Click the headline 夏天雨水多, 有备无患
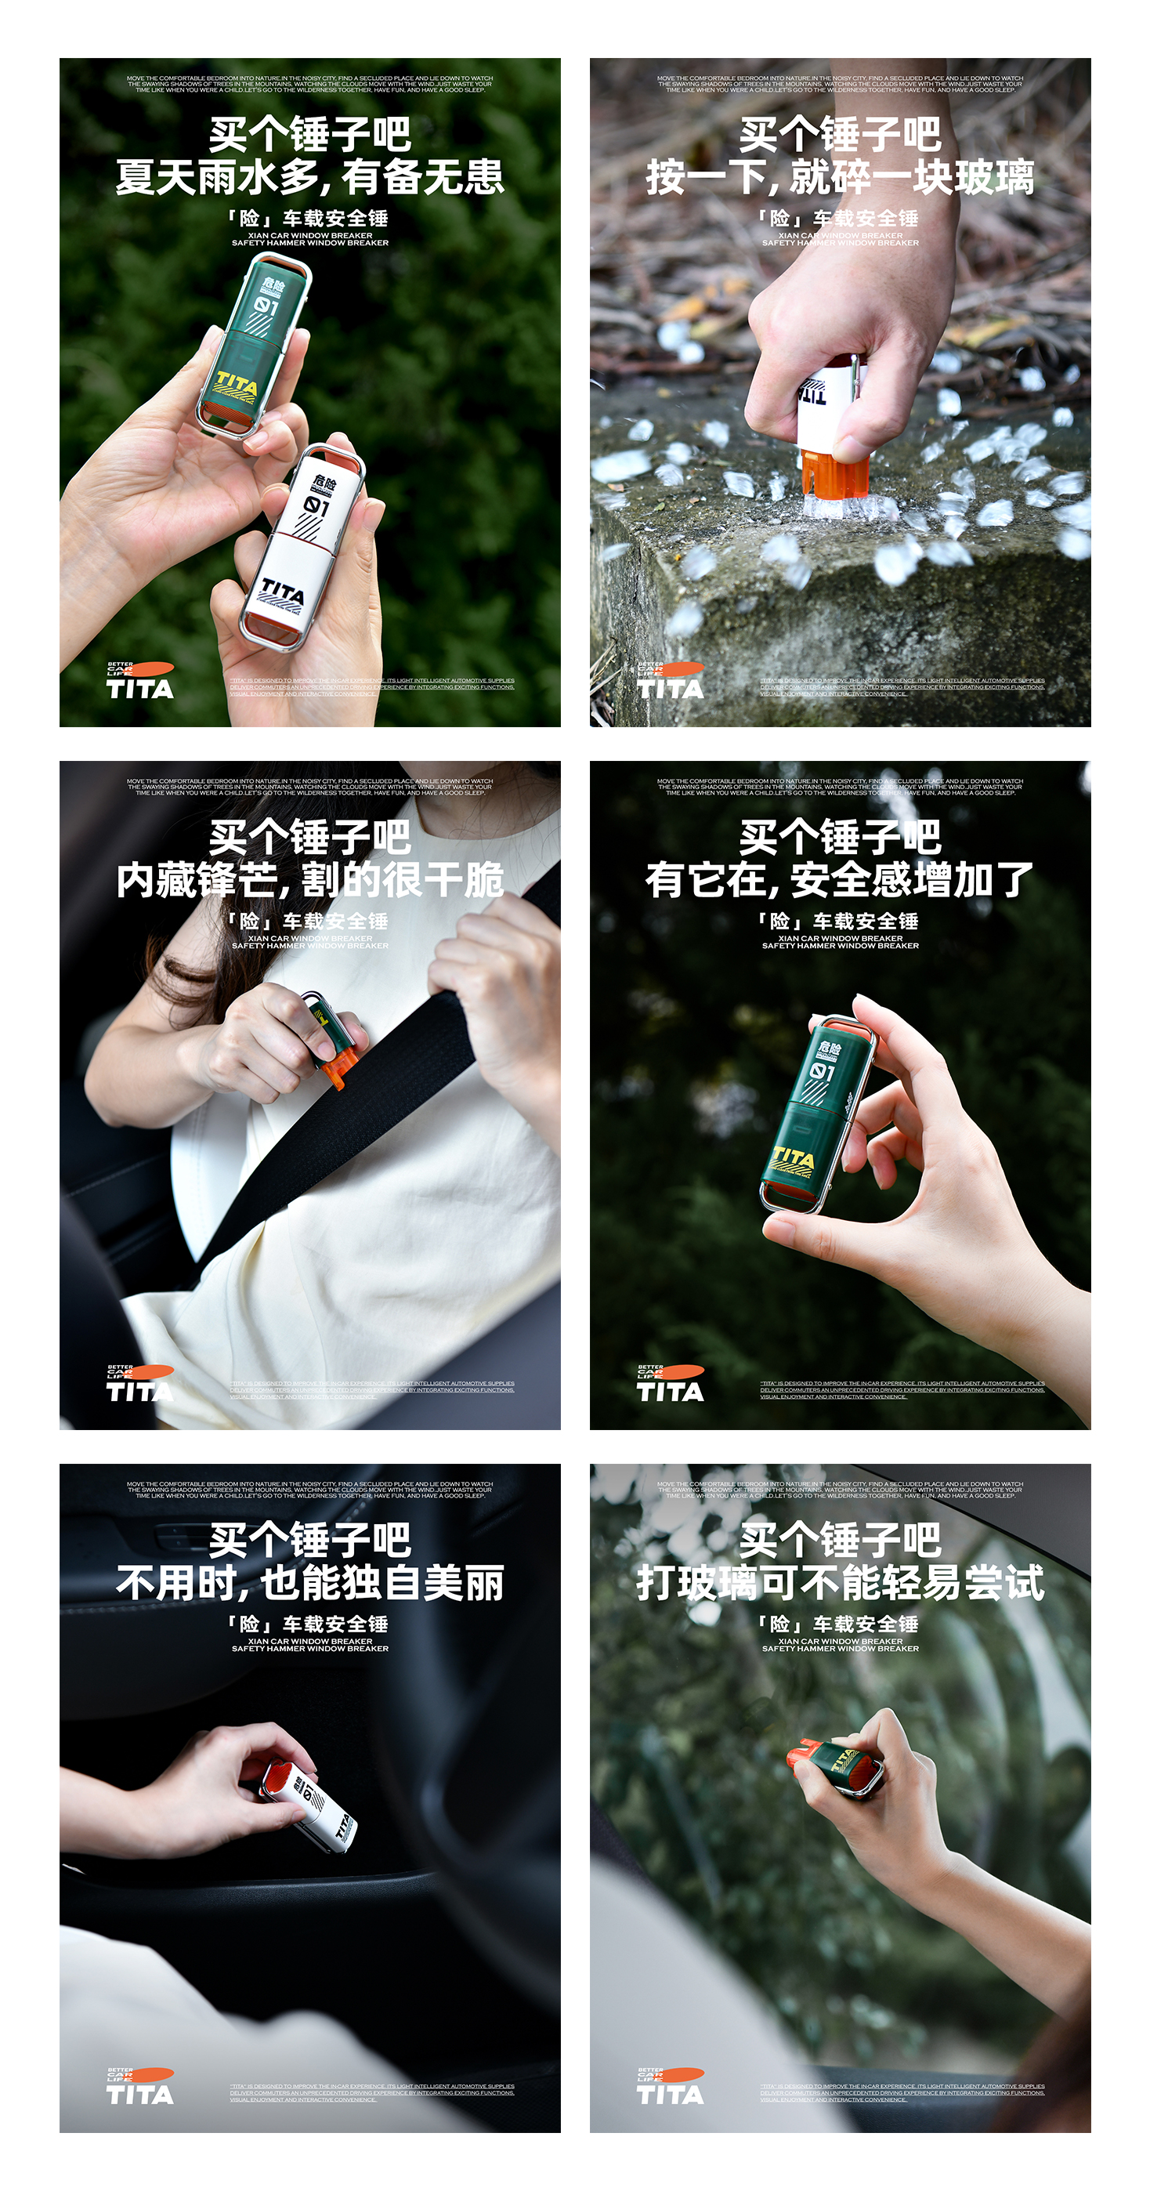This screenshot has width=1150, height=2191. (x=309, y=178)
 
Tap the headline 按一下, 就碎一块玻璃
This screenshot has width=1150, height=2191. (x=840, y=178)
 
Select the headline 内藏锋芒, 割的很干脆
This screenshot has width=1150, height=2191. (x=309, y=880)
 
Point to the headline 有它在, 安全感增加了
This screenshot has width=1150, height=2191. (x=840, y=880)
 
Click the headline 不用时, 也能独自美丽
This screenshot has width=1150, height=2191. (x=309, y=1583)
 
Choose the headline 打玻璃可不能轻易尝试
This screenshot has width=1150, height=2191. (x=840, y=1583)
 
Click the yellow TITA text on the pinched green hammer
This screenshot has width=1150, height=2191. (x=793, y=1159)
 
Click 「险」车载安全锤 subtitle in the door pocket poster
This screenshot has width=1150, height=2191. (x=309, y=1624)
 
